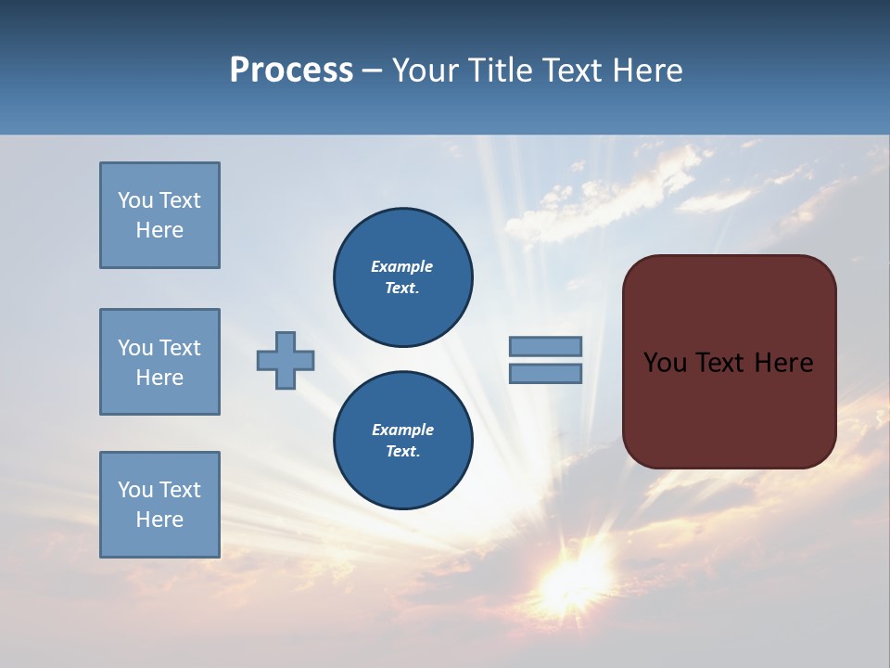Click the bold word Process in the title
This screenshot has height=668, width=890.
tap(291, 71)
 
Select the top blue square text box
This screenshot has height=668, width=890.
tap(159, 215)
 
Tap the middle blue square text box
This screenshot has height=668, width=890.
tap(159, 362)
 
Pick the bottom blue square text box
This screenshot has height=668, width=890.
tap(159, 505)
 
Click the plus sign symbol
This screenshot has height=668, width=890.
tap(286, 360)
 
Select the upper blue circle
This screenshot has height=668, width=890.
tap(402, 277)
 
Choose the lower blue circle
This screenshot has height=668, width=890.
tap(402, 441)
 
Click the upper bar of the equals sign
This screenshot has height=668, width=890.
tap(545, 346)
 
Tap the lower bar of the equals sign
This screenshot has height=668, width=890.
tap(545, 373)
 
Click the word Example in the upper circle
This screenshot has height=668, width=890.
tap(401, 266)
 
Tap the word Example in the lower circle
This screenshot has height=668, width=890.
tap(402, 430)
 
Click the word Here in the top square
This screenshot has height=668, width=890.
tap(159, 230)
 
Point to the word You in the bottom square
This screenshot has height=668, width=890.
tap(135, 490)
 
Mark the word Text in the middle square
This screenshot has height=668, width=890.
tap(179, 348)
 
